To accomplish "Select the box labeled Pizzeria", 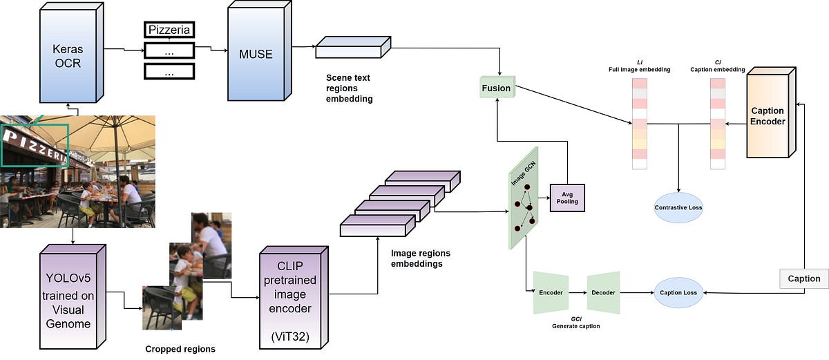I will pos(169,30).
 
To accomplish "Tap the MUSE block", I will pos(256,54).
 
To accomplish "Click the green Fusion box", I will pos(496,88).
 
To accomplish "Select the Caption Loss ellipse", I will pos(678,292).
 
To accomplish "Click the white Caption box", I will pos(803,278).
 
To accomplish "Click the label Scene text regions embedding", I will pos(349,88).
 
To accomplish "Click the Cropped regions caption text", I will pos(180,349).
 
